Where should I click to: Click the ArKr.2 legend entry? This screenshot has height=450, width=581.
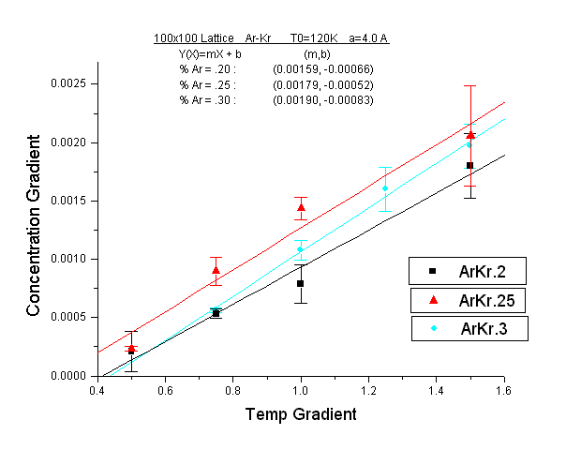[468, 271]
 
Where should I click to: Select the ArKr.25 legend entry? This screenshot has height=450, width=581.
[468, 300]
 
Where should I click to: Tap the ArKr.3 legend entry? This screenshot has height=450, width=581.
[469, 329]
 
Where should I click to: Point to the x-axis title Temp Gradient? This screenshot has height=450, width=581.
[301, 413]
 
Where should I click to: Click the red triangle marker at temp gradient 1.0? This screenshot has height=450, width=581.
[301, 207]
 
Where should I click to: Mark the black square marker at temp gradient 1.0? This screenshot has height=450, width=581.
[301, 283]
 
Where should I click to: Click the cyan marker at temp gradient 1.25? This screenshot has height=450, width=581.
[385, 188]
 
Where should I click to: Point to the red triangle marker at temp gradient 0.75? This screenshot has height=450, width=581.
[216, 270]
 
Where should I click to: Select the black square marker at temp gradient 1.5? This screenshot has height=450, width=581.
[469, 165]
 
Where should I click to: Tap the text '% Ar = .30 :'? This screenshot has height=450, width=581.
[207, 99]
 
